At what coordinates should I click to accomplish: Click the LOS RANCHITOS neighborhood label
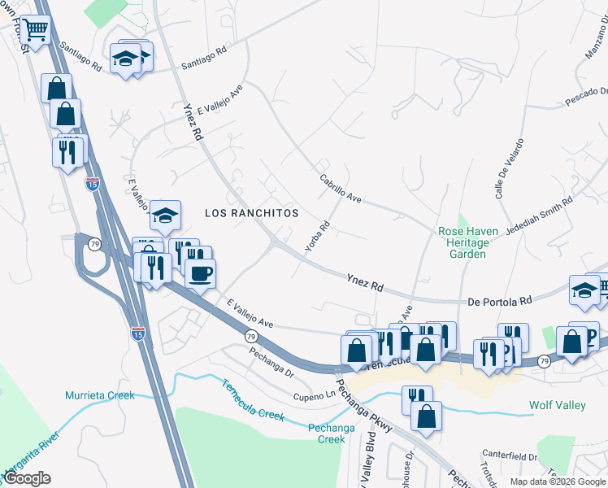point(251,213)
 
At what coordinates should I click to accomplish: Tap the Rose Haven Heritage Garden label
point(474,242)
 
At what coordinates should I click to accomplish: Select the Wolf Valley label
point(557,404)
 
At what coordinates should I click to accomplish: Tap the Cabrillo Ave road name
point(340,188)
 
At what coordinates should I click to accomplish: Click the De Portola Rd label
point(499,301)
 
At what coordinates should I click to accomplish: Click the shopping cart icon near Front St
point(35,30)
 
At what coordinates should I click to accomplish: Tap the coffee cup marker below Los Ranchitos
point(200,272)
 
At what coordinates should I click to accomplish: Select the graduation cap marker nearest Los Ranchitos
point(165,216)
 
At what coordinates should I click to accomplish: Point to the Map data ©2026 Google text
point(557,481)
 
